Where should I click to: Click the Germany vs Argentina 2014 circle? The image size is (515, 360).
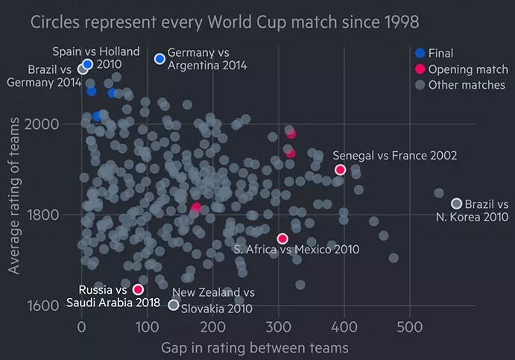159,59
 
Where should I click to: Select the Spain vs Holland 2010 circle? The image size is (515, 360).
87,64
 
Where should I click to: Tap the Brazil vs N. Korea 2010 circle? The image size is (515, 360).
457,203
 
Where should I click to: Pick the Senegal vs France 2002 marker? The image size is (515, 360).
341,170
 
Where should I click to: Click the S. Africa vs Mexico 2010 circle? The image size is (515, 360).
282,239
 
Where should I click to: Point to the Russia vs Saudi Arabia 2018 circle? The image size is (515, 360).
138,289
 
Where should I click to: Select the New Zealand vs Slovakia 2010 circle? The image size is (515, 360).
174,305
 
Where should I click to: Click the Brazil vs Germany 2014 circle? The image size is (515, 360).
83,69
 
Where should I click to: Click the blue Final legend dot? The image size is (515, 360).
420,53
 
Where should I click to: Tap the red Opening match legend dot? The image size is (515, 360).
420,69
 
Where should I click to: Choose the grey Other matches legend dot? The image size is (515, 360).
420,85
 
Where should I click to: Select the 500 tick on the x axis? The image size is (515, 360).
408,326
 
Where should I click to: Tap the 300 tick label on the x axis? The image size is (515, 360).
277,326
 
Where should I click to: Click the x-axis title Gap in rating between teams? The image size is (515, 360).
254,347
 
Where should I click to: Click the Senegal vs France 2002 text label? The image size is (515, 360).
394,155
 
